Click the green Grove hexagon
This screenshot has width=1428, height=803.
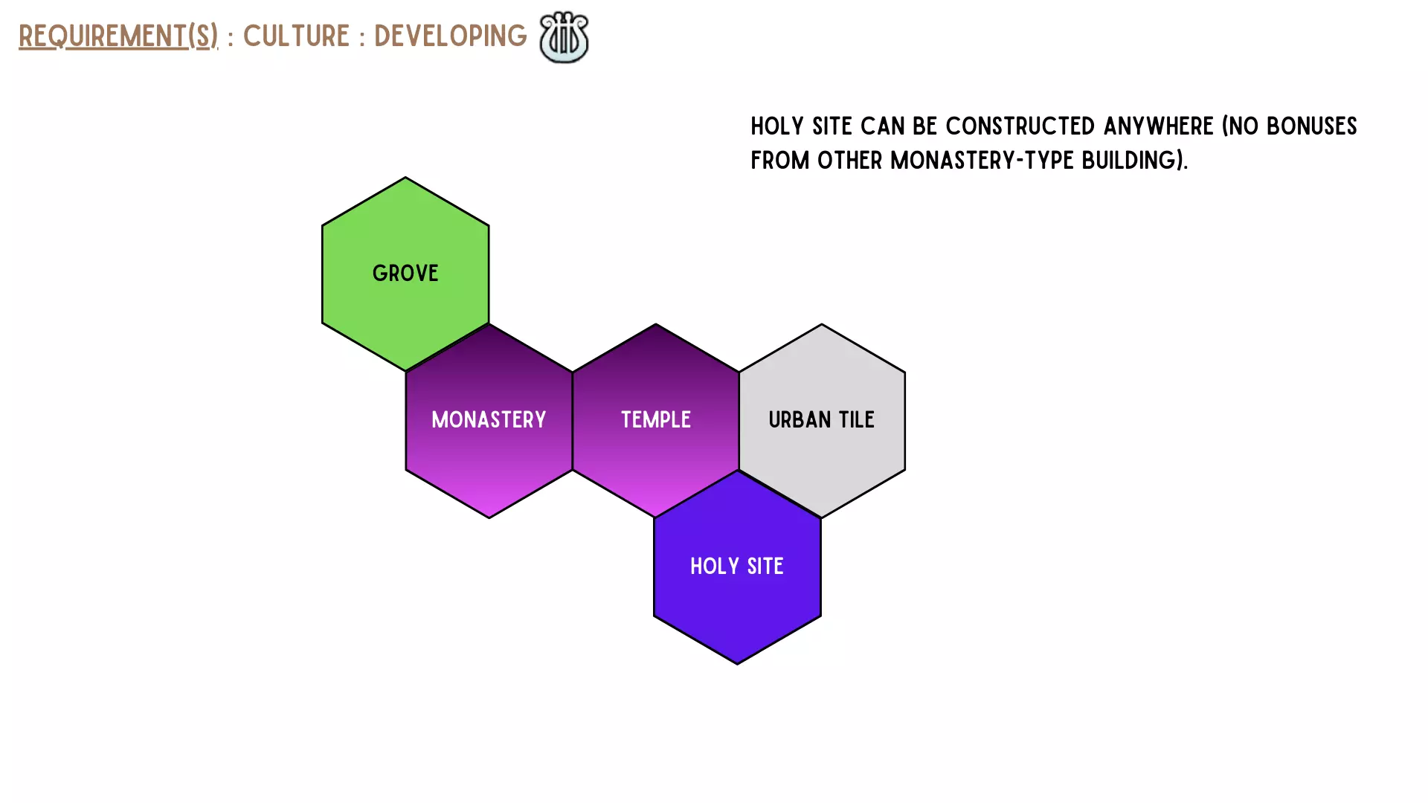405,274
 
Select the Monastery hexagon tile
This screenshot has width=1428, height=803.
489,421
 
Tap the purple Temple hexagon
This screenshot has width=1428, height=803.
655,421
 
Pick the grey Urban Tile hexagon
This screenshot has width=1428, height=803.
822,421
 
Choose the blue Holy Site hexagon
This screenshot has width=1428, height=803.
737,567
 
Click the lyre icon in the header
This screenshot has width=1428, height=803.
564,37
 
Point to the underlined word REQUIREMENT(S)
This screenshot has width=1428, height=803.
118,36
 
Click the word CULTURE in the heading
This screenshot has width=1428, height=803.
296,36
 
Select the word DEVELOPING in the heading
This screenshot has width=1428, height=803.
450,36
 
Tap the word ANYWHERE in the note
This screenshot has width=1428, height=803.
1159,126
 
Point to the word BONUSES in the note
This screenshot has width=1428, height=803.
1312,126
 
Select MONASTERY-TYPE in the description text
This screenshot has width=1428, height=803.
982,161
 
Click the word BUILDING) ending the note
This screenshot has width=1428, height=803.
1135,161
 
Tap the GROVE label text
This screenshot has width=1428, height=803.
405,274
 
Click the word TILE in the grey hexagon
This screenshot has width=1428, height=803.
857,420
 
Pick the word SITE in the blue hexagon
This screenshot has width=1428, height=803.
765,567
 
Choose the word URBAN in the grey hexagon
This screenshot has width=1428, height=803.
800,420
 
